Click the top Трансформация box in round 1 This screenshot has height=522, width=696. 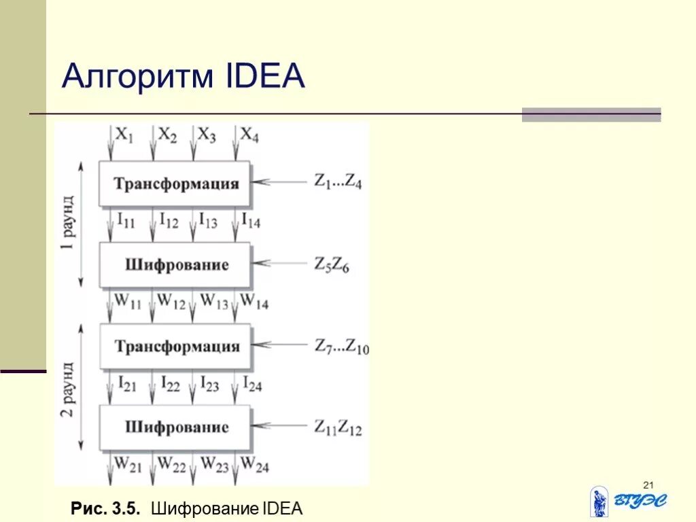click(175, 184)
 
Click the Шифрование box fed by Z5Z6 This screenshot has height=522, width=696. click(175, 265)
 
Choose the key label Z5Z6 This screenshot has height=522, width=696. click(333, 264)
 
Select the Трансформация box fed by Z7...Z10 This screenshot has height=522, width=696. click(175, 347)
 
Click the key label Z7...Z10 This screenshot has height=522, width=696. click(341, 347)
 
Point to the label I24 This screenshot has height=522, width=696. click(252, 385)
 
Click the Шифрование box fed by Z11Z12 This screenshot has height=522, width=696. click(175, 428)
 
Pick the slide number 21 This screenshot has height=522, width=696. click(648, 485)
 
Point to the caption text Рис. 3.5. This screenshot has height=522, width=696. click(105, 508)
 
